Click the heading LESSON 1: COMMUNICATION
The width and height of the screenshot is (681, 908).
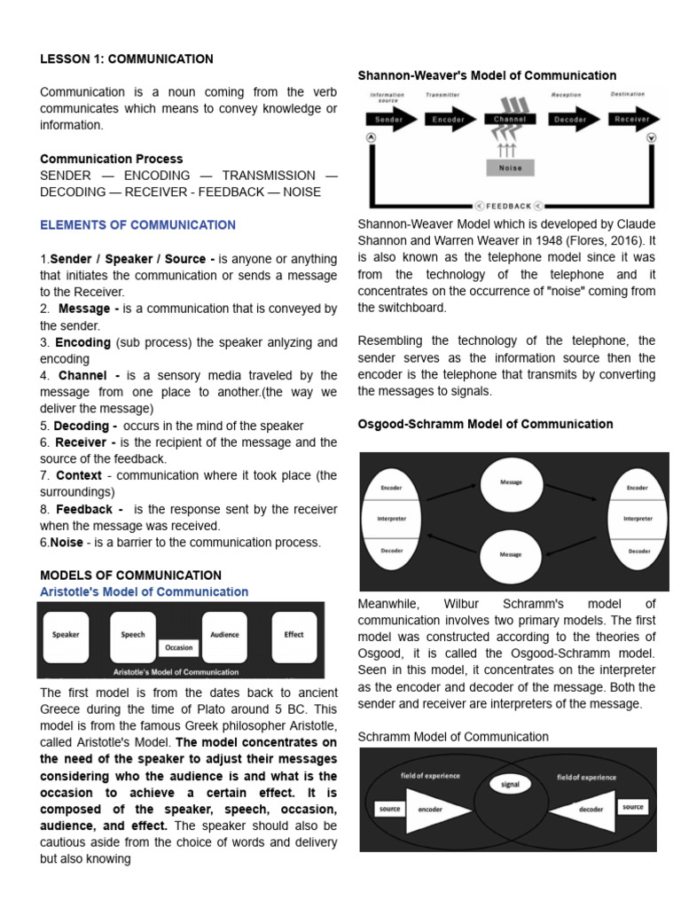click(126, 59)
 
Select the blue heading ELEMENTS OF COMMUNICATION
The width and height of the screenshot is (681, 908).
click(137, 225)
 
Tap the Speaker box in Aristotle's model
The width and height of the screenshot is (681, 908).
click(67, 635)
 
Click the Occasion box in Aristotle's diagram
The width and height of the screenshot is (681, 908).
click(179, 648)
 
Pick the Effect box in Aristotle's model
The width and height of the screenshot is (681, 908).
click(294, 635)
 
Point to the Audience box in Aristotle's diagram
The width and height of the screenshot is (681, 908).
click(224, 635)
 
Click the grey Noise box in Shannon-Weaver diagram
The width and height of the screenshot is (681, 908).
click(510, 168)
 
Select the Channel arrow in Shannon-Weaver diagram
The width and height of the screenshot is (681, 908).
click(510, 119)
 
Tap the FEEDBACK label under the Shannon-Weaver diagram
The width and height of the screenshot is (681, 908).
click(509, 206)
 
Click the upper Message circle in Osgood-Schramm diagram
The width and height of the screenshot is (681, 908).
click(511, 482)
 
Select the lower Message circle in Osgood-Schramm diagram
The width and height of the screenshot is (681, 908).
click(511, 554)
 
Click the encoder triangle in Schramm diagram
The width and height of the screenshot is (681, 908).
click(433, 810)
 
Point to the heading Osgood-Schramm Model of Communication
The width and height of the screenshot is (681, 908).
click(485, 424)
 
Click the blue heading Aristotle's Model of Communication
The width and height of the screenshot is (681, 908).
click(144, 591)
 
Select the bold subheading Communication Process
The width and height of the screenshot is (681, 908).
click(112, 159)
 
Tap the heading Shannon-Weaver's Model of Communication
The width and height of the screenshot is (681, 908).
click(487, 75)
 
